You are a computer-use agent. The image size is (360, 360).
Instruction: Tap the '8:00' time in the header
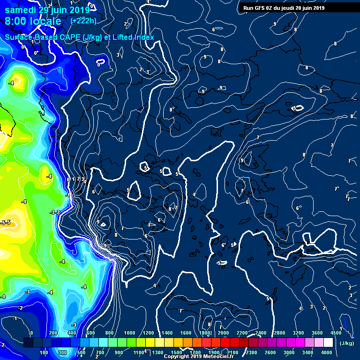[16, 22]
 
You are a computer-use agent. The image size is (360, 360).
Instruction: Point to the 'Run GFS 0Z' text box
[283, 7]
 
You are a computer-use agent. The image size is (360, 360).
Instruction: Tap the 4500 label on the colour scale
[336, 333]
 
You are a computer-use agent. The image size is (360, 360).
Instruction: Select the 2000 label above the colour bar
[223, 333]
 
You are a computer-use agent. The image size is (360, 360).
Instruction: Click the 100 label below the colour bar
[44, 352]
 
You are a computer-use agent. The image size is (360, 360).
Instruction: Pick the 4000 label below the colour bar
[326, 352]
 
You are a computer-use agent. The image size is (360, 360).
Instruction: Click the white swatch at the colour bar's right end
[337, 343]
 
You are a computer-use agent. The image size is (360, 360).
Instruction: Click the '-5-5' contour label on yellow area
[6, 222]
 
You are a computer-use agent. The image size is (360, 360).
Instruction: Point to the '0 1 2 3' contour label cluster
[76, 179]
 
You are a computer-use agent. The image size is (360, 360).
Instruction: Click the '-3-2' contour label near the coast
[55, 212]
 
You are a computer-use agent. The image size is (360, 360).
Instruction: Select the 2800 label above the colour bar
[279, 333]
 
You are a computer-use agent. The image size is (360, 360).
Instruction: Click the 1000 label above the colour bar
[129, 333]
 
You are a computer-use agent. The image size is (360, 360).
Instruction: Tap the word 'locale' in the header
[46, 22]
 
